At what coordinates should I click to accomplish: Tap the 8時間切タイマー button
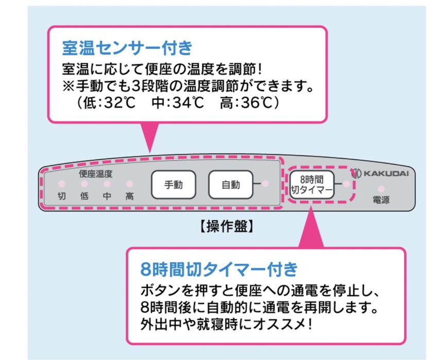pos(312,184)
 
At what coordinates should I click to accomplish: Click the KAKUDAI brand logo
pos(380,173)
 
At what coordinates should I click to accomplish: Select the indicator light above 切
pos(61,184)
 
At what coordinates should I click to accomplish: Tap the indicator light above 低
pos(84,184)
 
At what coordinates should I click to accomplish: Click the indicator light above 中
pos(107,184)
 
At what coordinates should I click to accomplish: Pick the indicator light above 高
pos(129,184)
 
